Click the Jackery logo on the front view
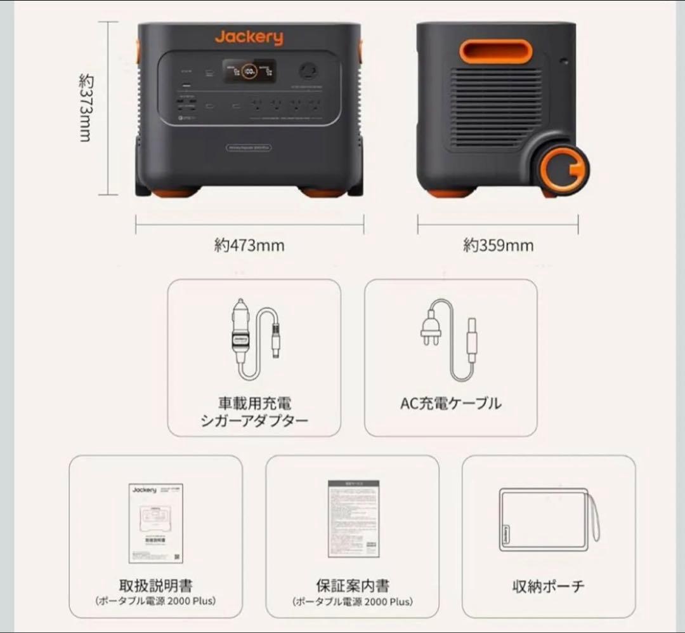249,37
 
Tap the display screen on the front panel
249,71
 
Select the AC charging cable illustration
450,340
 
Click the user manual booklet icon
156,523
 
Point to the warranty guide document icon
353,519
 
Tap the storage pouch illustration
549,520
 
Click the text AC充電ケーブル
450,403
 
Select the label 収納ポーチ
548,586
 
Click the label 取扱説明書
156,585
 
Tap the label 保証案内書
353,585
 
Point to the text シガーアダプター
254,420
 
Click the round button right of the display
309,69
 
